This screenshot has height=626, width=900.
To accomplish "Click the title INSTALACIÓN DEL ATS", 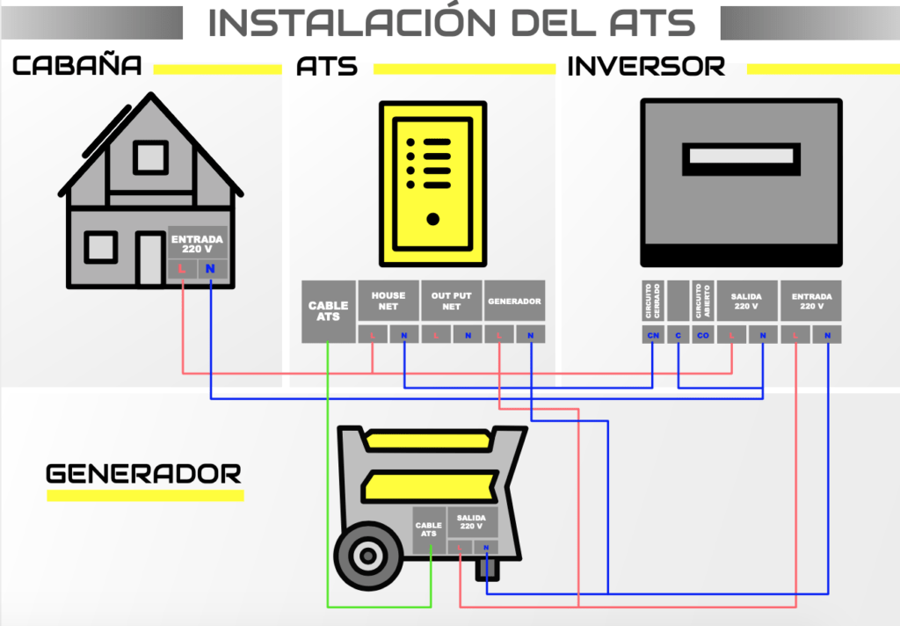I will click(451, 23).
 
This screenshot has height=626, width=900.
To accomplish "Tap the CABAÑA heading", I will click(76, 66).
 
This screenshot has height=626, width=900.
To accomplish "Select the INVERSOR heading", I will click(646, 66).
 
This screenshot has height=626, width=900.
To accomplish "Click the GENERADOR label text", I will click(143, 474).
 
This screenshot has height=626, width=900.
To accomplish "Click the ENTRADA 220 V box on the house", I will click(197, 244).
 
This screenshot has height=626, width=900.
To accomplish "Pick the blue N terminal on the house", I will click(210, 269).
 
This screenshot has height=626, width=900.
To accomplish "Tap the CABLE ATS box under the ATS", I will click(328, 311).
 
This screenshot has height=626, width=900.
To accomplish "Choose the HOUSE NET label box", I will click(388, 301).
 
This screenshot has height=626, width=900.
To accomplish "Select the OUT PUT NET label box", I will click(452, 301).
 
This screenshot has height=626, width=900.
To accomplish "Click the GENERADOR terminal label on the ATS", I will click(514, 301).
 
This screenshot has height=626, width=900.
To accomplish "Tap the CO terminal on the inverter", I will click(702, 335).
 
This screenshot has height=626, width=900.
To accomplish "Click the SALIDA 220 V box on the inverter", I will click(746, 301).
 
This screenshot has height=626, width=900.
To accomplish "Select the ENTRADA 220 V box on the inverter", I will click(810, 301).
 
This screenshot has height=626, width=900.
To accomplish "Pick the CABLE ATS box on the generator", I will click(429, 528).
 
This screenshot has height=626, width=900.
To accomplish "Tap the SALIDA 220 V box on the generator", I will click(473, 521).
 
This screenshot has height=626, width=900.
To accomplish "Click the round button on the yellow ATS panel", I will click(432, 219).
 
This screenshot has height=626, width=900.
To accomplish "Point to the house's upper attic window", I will click(150, 157).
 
